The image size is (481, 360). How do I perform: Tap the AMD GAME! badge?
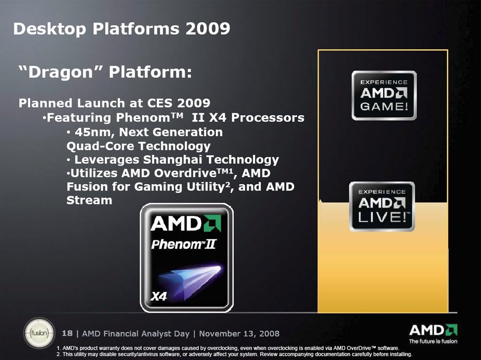coord(384,95)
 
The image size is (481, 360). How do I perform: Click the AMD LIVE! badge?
coord(382,207)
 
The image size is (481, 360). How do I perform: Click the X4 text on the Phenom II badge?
coord(158,296)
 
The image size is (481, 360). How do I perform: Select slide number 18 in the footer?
coord(67,333)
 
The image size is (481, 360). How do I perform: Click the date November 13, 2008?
coord(239,334)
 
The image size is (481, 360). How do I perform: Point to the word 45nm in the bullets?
coord(89,132)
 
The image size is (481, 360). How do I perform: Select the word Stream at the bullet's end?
coord(89,200)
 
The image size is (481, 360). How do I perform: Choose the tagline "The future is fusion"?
coord(433,341)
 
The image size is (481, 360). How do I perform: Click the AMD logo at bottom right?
coord(433,329)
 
